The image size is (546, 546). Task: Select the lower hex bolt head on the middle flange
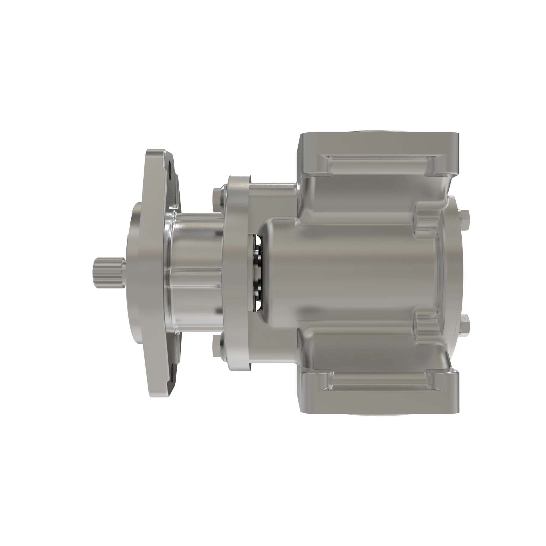[x=217, y=346]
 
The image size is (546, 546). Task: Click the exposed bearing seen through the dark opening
[x=257, y=271]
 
